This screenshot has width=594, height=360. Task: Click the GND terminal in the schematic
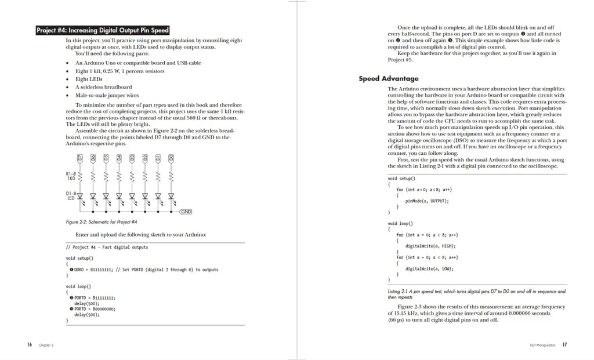[x=186, y=212]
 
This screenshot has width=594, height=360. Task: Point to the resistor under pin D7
[x=79, y=176]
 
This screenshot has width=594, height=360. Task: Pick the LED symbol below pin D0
[x=171, y=196]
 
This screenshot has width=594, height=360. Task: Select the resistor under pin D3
[x=132, y=176]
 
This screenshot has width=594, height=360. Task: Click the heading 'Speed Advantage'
[x=388, y=79]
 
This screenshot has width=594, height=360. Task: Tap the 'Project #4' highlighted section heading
[x=103, y=30]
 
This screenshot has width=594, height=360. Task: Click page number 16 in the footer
[x=29, y=344]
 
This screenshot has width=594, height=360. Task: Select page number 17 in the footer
[x=564, y=344]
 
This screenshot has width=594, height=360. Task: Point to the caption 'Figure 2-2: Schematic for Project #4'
[x=102, y=222]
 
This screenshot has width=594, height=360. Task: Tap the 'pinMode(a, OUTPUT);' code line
[x=427, y=201]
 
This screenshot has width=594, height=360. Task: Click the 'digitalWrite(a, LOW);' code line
[x=429, y=268]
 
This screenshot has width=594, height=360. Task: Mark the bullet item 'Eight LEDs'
[x=89, y=79]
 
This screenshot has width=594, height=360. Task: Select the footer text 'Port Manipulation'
[x=543, y=345]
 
